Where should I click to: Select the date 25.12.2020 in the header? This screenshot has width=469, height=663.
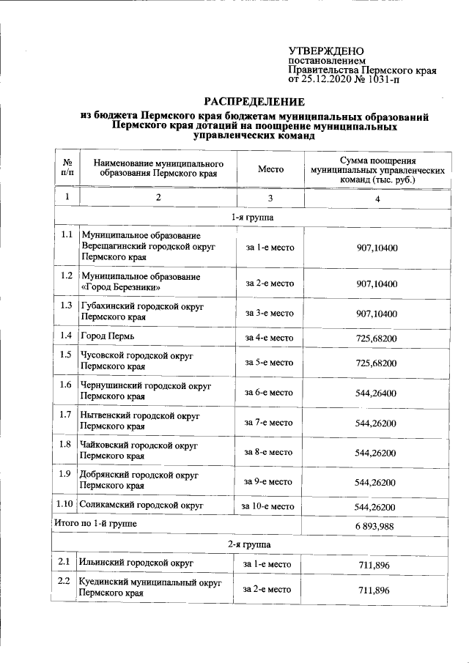click(x=330, y=79)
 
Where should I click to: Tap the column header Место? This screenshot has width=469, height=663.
click(x=270, y=168)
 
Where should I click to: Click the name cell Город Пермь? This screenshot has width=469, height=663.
click(x=107, y=337)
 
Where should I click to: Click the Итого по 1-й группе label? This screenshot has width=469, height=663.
click(x=96, y=524)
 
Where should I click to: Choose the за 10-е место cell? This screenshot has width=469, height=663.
click(x=268, y=506)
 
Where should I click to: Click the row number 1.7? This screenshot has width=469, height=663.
click(x=67, y=415)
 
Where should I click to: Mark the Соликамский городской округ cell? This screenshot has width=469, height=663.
click(x=141, y=505)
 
